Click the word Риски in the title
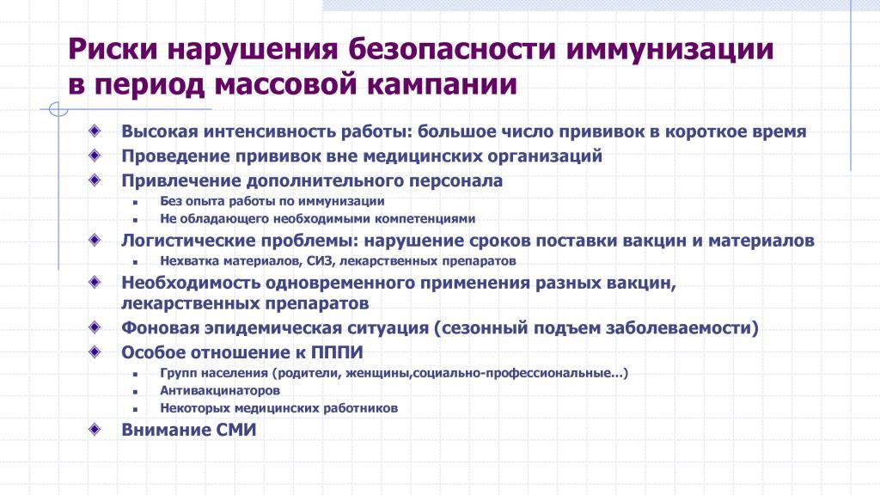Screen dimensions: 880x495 click(113, 49)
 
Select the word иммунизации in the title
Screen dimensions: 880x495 click(669, 49)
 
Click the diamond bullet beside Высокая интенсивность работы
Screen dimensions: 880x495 click(95, 131)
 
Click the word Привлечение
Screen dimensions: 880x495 click(180, 180)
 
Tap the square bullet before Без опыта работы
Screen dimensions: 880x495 click(135, 203)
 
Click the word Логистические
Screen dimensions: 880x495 click(184, 241)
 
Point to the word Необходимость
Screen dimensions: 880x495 click(191, 282)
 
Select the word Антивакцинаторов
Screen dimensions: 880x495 click(220, 391)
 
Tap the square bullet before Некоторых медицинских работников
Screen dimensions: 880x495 click(135, 409)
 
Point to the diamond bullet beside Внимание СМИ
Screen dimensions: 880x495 click(95, 430)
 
